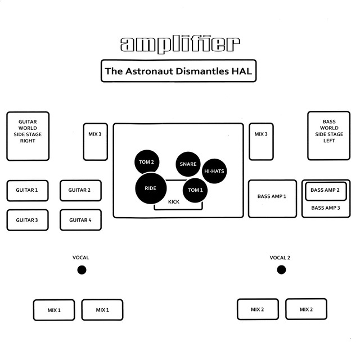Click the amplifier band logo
[180, 44]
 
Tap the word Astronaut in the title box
[149, 71]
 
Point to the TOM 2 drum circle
[147, 162]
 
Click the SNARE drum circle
[188, 164]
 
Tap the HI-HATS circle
[214, 171]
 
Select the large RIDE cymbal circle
[151, 188]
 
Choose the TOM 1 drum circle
[195, 190]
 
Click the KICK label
[174, 202]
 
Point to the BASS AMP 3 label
[326, 208]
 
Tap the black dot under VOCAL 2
[281, 270]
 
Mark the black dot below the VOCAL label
[82, 270]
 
